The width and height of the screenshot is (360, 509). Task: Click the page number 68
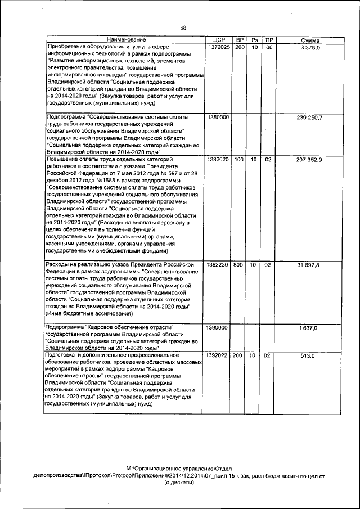(x=183, y=27)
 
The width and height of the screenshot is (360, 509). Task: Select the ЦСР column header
(x=219, y=40)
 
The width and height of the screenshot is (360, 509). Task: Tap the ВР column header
(x=240, y=40)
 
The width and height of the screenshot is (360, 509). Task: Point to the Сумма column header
(x=310, y=40)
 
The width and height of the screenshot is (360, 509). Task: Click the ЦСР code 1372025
(x=218, y=47)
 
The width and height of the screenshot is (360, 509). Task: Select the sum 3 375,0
(x=310, y=47)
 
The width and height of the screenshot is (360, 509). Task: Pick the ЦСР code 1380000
(x=218, y=117)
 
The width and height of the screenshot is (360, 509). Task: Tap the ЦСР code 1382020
(x=218, y=160)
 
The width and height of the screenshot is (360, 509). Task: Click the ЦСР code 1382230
(x=218, y=264)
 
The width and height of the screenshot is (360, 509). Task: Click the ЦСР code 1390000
(x=218, y=327)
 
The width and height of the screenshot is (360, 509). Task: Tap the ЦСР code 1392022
(x=218, y=356)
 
